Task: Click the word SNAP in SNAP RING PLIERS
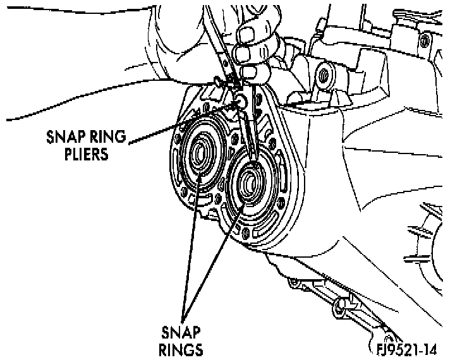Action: tap(61, 136)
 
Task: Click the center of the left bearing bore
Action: tap(201, 153)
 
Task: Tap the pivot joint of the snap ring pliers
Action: tap(241, 101)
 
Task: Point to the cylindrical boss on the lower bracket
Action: tap(345, 307)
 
